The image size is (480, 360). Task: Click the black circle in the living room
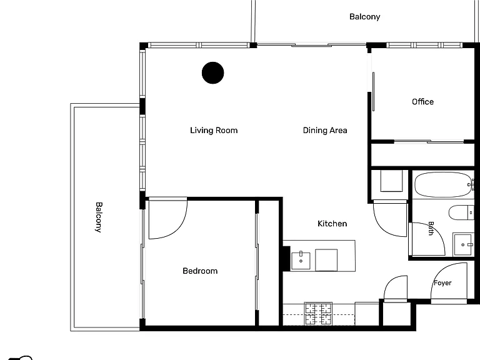pyautogui.click(x=212, y=73)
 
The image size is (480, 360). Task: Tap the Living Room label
pyautogui.click(x=214, y=131)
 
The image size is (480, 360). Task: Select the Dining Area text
pyautogui.click(x=325, y=131)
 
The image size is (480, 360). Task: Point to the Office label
pyautogui.click(x=422, y=102)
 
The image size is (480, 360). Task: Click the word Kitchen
pyautogui.click(x=332, y=224)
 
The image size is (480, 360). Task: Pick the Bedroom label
pyautogui.click(x=200, y=271)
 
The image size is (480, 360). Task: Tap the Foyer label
pyautogui.click(x=442, y=283)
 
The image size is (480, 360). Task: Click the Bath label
pyautogui.click(x=431, y=228)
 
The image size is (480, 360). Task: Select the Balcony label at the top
pyautogui.click(x=364, y=16)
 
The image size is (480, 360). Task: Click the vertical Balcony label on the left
pyautogui.click(x=99, y=217)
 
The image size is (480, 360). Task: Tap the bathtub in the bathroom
pyautogui.click(x=444, y=184)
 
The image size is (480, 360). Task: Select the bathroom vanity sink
pyautogui.click(x=464, y=244)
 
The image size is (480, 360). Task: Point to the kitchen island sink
pyautogui.click(x=301, y=261)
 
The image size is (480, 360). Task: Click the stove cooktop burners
pyautogui.click(x=318, y=314)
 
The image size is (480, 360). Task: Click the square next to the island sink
pyautogui.click(x=326, y=260)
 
